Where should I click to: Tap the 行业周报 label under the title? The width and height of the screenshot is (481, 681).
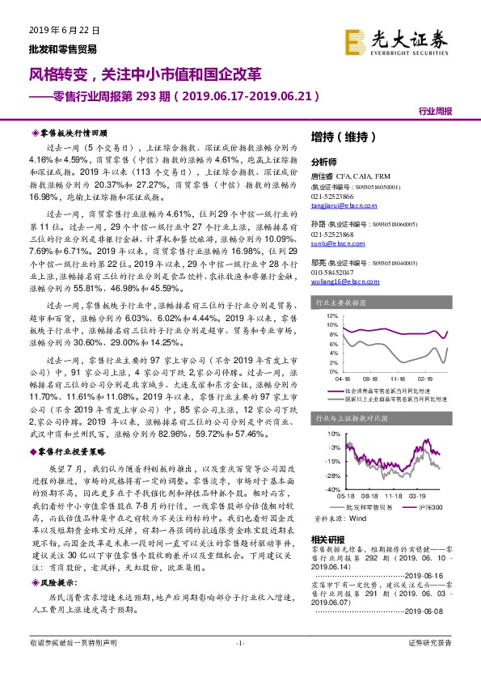(x=435, y=112)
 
